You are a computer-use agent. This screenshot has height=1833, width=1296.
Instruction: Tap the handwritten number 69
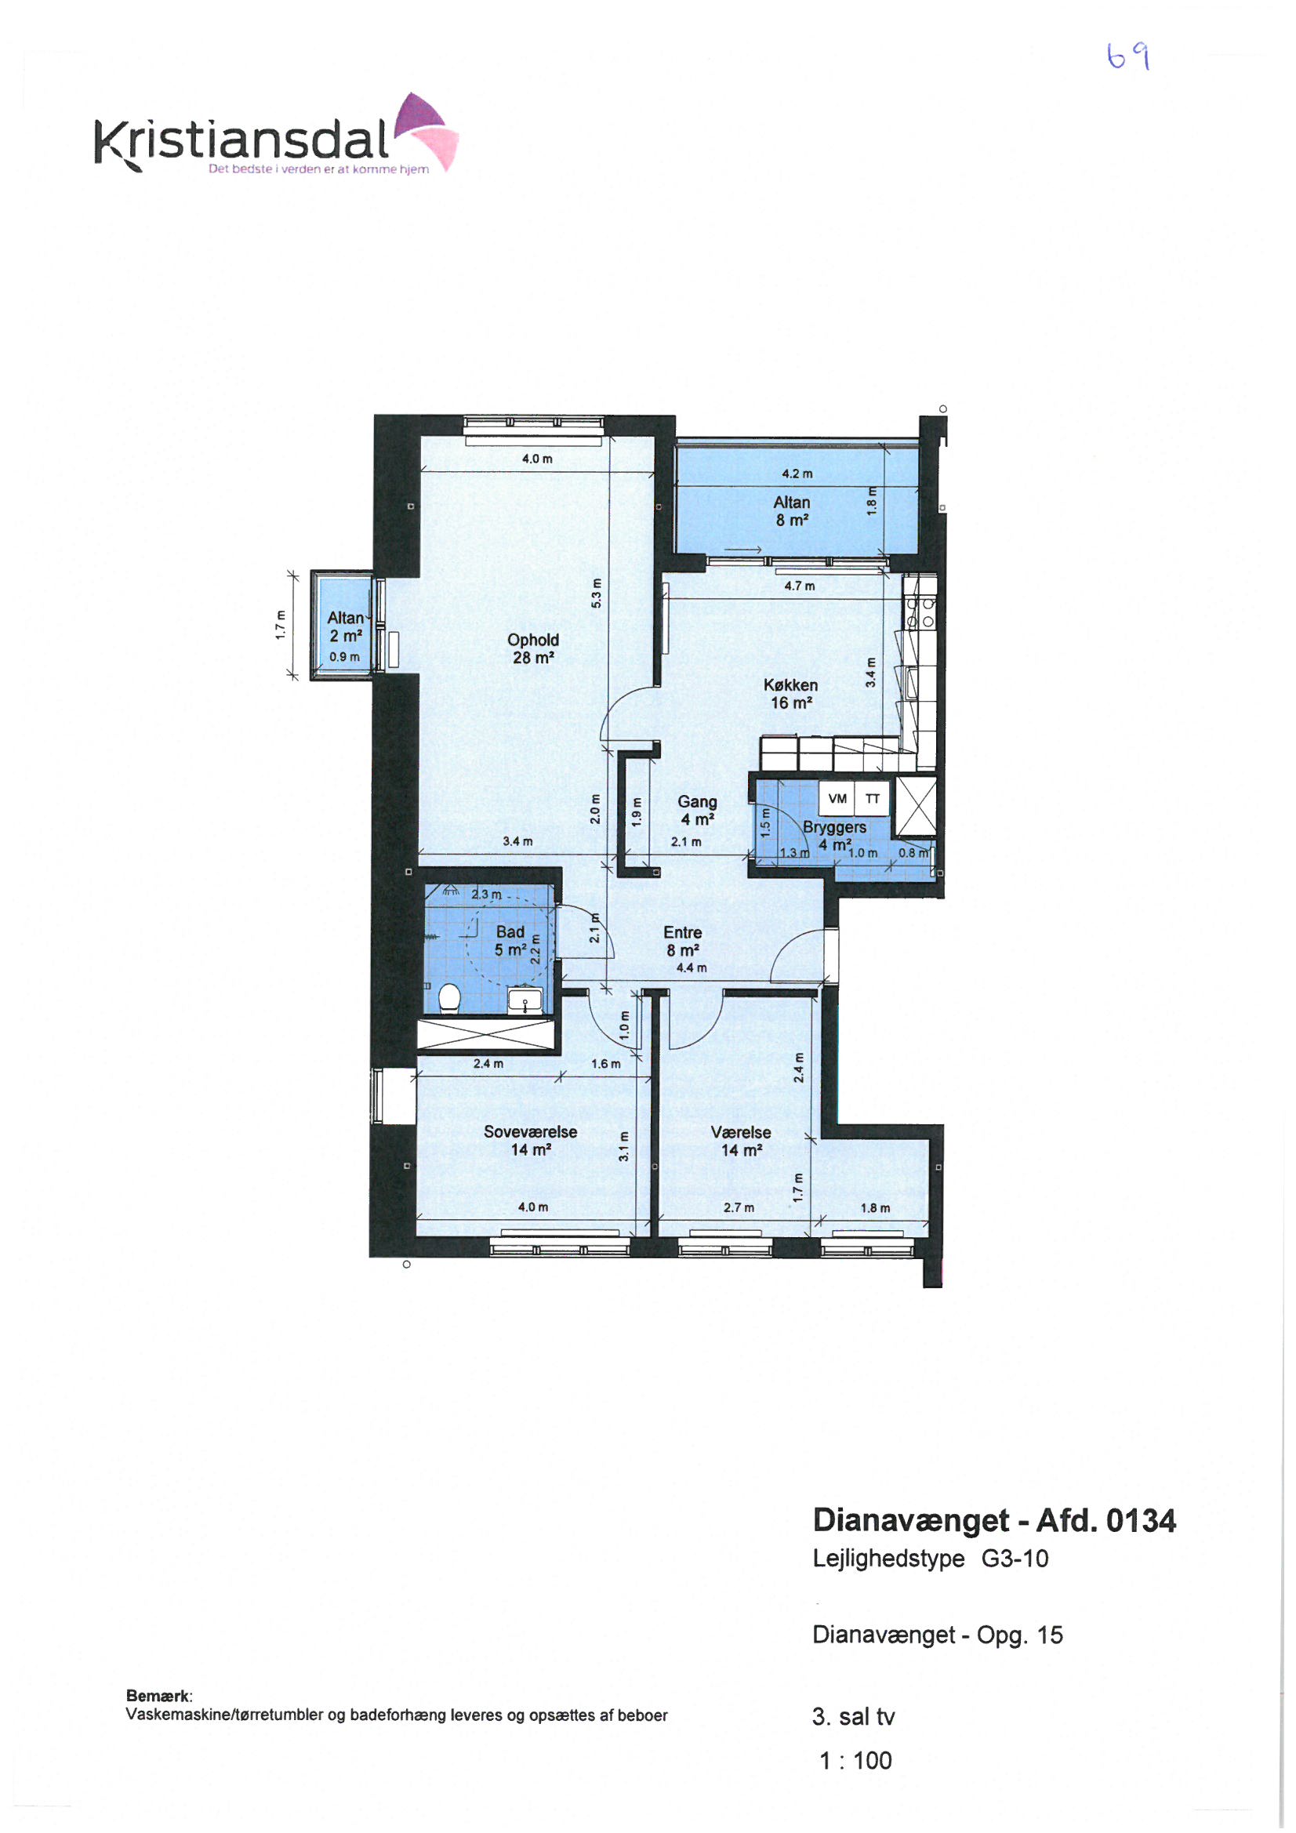click(x=1128, y=56)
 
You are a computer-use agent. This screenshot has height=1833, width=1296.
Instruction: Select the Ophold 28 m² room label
click(x=533, y=648)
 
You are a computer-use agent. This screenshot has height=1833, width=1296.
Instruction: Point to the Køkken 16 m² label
click(x=790, y=694)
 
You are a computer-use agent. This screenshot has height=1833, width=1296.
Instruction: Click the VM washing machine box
click(x=837, y=798)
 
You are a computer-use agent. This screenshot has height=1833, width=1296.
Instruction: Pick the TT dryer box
click(x=872, y=798)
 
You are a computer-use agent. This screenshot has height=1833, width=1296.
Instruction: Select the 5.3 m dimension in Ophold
click(x=596, y=593)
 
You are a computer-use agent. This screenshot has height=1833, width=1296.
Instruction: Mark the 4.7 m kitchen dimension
click(x=800, y=586)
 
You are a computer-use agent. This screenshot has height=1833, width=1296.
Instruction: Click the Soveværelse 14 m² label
click(x=530, y=1140)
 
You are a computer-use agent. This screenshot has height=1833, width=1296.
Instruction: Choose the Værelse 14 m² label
click(x=741, y=1141)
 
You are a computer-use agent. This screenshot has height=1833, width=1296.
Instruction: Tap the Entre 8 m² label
click(x=683, y=942)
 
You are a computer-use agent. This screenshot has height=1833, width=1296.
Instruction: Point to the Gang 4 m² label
click(x=697, y=811)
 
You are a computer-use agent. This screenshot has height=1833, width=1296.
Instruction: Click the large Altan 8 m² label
click(x=791, y=511)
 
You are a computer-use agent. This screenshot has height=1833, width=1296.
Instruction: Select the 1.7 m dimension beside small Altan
click(x=279, y=625)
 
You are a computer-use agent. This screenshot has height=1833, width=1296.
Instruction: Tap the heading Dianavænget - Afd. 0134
click(x=994, y=1520)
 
